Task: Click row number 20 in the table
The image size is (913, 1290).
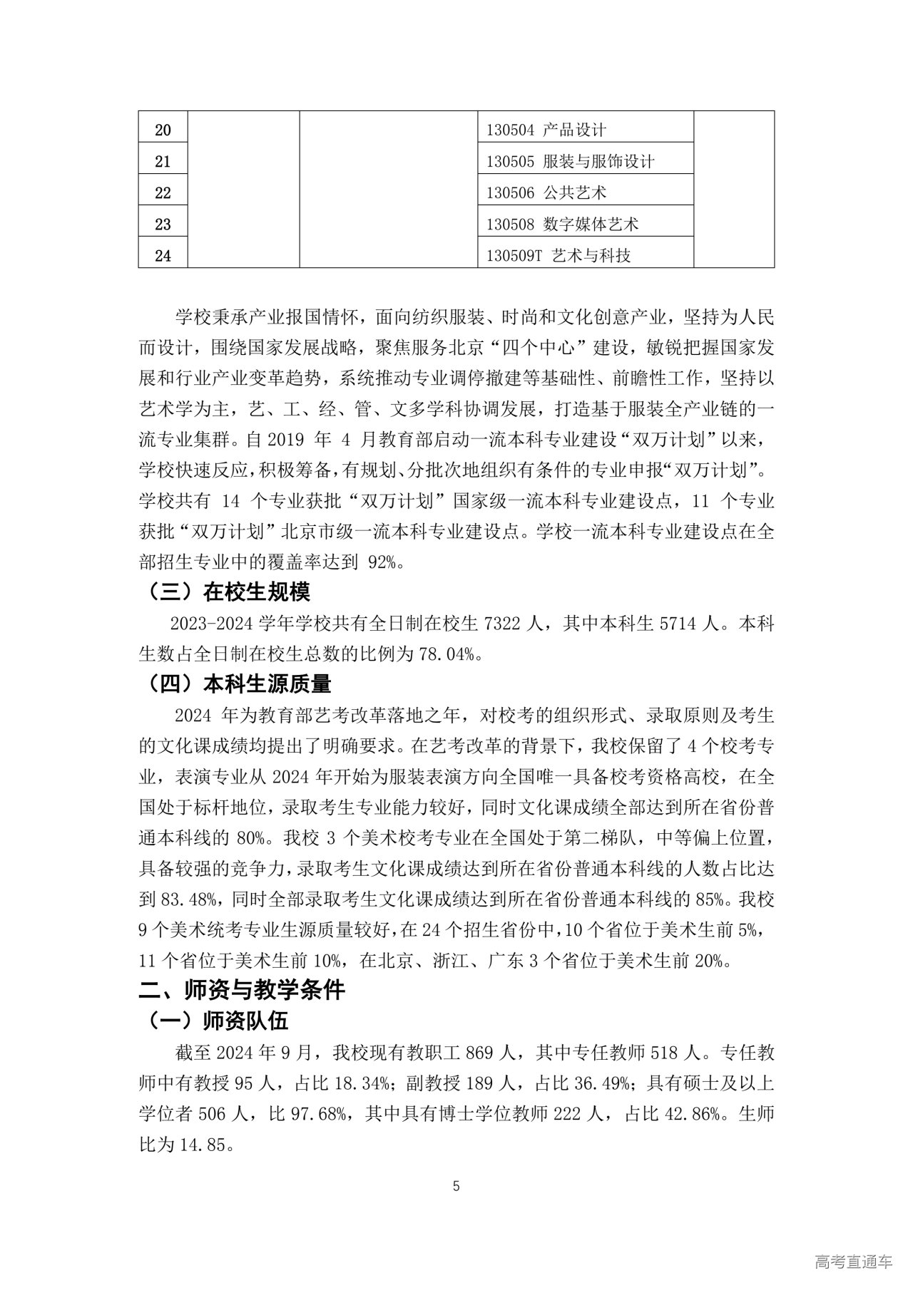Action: pyautogui.click(x=163, y=130)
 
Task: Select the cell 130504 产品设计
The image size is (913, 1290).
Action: pyautogui.click(x=546, y=130)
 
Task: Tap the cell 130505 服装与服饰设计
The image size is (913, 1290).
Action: pyautogui.click(x=570, y=162)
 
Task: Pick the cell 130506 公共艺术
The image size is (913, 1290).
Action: pyautogui.click(x=546, y=193)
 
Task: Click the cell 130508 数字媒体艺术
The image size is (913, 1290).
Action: pyautogui.click(x=562, y=225)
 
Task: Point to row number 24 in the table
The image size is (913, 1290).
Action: pyautogui.click(x=163, y=255)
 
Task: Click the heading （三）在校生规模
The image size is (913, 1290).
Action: pyautogui.click(x=228, y=592)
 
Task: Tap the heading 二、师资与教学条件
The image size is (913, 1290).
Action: pyautogui.click(x=242, y=990)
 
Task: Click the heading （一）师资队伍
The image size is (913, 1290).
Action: pyautogui.click(x=218, y=1021)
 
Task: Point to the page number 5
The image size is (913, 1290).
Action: pyautogui.click(x=456, y=1187)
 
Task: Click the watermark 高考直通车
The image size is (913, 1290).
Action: pyautogui.click(x=852, y=1262)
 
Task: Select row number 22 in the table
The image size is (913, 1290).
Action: pyautogui.click(x=163, y=193)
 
